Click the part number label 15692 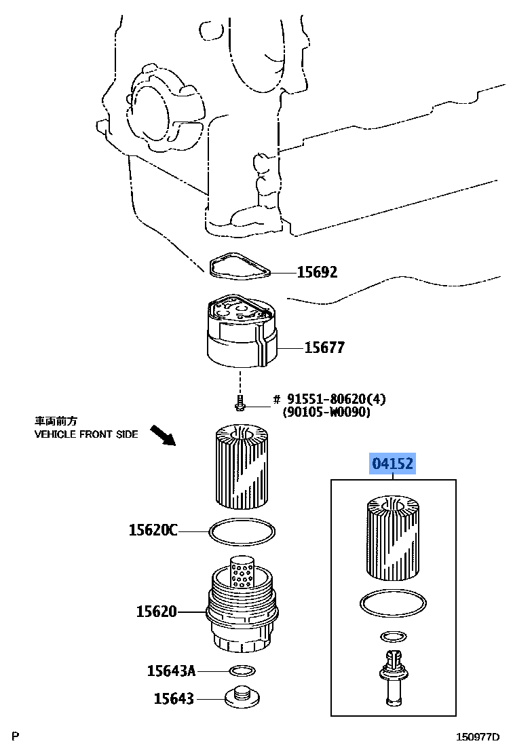click(317, 272)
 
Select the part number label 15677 click(324, 347)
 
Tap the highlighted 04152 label click(392, 465)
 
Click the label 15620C click(153, 530)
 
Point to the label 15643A click(171, 671)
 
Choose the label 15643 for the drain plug click(173, 698)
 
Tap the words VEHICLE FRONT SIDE click(86, 434)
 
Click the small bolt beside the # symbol click(240, 404)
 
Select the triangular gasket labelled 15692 click(238, 267)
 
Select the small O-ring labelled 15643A click(242, 671)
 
